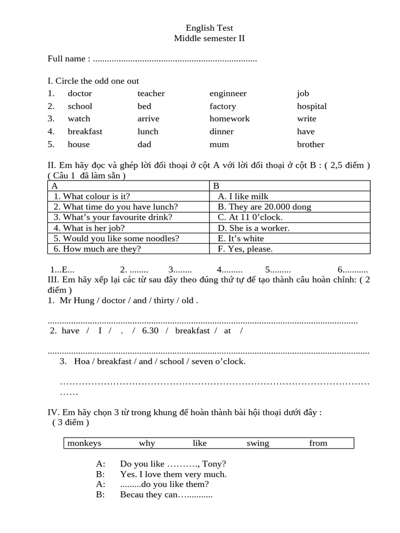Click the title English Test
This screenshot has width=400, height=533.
coord(209,28)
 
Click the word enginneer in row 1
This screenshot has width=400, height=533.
coord(228,94)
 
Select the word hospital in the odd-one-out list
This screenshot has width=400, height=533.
coord(311,106)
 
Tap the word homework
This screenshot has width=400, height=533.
coord(229,119)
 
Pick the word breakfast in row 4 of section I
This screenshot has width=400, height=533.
coord(84,132)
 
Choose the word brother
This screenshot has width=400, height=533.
coord(310,145)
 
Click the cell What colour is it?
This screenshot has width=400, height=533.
coord(92,196)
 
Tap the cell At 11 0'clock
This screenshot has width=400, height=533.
coord(250,217)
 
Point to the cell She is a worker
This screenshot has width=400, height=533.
coord(253,228)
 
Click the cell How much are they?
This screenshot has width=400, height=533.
coord(97,249)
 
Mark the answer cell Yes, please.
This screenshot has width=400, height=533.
coord(245,249)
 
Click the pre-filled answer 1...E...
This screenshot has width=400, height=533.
coord(63,270)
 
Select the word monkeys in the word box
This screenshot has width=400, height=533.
coord(84,443)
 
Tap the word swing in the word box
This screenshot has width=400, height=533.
coord(258,443)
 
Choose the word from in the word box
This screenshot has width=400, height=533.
coord(318,443)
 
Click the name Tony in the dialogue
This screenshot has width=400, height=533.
coord(212,464)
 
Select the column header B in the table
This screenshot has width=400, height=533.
coord(217,186)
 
